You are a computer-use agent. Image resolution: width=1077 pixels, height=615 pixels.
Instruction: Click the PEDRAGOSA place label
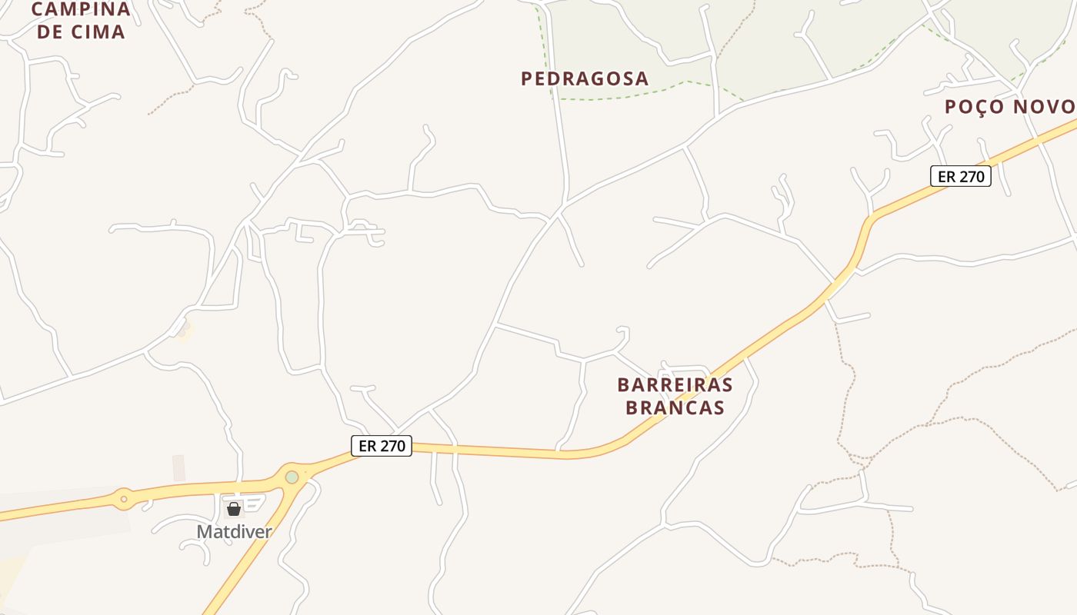pyautogui.click(x=585, y=78)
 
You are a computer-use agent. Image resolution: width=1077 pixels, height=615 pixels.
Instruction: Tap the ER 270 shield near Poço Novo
pyautogui.click(x=961, y=176)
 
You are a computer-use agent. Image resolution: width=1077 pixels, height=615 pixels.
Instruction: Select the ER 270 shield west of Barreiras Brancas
pyautogui.click(x=382, y=446)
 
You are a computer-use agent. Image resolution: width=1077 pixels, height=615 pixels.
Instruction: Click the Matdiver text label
pyautogui.click(x=234, y=531)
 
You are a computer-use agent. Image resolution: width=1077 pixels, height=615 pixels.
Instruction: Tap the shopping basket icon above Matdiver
pyautogui.click(x=234, y=509)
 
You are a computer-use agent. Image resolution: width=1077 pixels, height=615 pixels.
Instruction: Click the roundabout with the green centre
pyautogui.click(x=292, y=477)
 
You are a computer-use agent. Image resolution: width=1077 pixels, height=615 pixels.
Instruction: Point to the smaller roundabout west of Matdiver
pyautogui.click(x=123, y=498)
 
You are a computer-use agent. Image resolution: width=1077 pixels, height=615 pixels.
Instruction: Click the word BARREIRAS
pyautogui.click(x=675, y=384)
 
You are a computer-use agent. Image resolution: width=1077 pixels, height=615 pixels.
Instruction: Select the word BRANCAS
pyautogui.click(x=675, y=407)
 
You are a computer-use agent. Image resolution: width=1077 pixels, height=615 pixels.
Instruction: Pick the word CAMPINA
pyautogui.click(x=81, y=10)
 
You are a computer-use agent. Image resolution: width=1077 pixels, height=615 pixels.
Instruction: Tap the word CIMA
pyautogui.click(x=98, y=32)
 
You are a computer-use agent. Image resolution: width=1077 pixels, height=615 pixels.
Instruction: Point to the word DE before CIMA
pyautogui.click(x=50, y=32)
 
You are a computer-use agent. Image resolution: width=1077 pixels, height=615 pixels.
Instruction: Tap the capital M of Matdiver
pyautogui.click(x=204, y=531)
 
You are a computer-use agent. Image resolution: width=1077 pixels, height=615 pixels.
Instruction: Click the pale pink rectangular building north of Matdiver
pyautogui.click(x=178, y=467)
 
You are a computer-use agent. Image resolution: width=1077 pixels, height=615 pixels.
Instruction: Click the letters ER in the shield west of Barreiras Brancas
pyautogui.click(x=368, y=446)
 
